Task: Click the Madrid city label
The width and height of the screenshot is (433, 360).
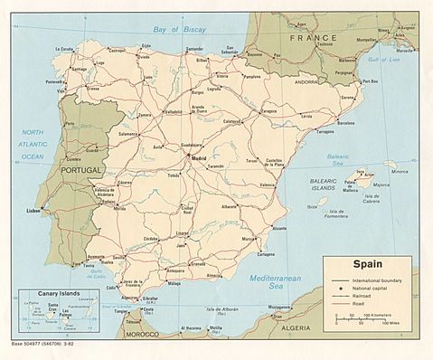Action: [201, 158]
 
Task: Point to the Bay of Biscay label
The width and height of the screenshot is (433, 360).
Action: [180, 30]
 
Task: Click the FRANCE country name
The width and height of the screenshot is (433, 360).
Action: [313, 39]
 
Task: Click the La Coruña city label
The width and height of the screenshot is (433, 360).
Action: [65, 49]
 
